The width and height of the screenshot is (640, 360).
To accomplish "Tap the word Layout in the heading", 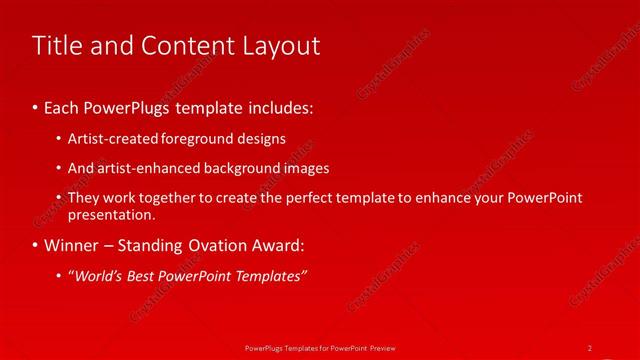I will click(282, 46).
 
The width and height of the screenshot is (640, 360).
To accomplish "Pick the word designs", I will click(260, 138).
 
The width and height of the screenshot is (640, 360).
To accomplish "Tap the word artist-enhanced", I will click(140, 168).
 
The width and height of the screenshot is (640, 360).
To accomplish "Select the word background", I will click(240, 168).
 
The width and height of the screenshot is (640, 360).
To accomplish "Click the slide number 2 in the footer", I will click(590, 347).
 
